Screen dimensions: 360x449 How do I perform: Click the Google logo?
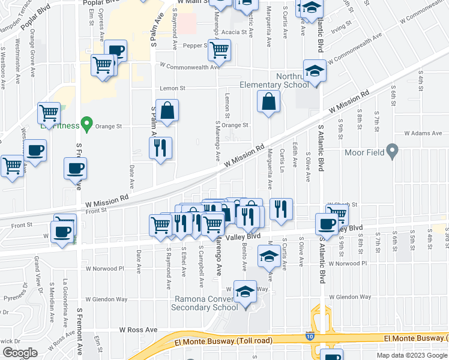click(20, 353)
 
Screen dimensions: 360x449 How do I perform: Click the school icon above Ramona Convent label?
click(245, 292)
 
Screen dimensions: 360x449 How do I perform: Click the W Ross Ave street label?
click(138, 329)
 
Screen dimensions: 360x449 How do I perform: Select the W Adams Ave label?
click(423, 133)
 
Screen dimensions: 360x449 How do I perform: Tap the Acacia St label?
click(235, 34)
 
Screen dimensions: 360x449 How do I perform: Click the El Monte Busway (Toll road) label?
click(223, 341)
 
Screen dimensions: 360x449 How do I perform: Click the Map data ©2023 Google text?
click(411, 355)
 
